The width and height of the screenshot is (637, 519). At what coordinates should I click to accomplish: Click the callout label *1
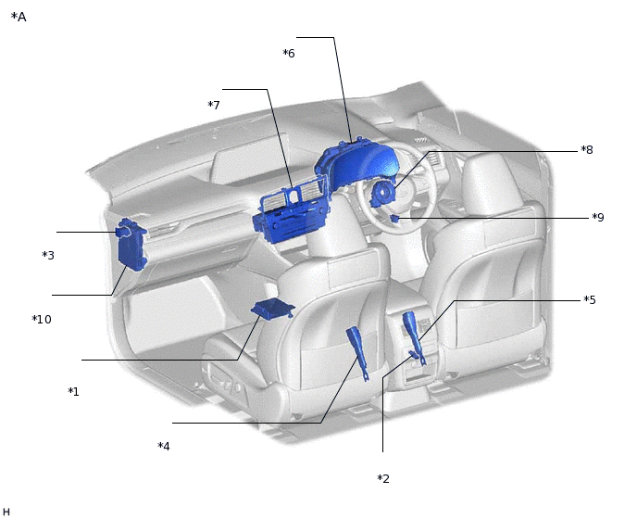[x=73, y=392]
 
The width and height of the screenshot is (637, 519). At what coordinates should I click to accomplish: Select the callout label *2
[x=383, y=479]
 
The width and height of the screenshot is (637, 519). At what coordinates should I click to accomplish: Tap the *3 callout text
[x=48, y=255]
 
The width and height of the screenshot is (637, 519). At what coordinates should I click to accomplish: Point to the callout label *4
[x=163, y=447]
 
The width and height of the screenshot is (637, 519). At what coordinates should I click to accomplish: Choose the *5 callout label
[x=589, y=300]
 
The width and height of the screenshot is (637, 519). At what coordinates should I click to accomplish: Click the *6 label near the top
[x=289, y=54]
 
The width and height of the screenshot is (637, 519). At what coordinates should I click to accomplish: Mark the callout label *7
[x=214, y=106]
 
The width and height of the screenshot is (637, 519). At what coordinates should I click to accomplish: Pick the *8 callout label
[x=587, y=150]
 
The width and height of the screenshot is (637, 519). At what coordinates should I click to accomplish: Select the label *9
[x=597, y=218]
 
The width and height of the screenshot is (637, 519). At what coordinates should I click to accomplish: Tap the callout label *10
[x=42, y=320]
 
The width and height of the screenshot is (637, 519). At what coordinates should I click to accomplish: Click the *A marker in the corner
[x=19, y=17]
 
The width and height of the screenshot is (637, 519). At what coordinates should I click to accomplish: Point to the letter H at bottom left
[x=6, y=511]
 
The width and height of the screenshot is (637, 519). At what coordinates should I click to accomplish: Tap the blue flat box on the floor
[x=272, y=309]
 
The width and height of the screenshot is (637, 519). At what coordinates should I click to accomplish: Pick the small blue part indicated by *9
[x=394, y=219]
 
